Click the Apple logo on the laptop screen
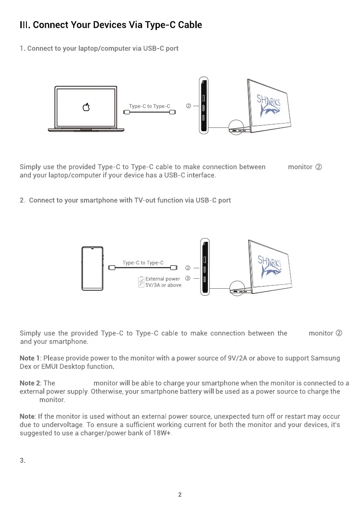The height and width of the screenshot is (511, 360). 86,107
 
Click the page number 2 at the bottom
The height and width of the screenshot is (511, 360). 180,495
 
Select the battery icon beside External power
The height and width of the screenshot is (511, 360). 141,282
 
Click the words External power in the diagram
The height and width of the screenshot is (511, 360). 162,279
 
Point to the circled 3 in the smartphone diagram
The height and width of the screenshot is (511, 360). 188,279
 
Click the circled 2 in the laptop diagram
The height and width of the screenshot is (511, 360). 188,106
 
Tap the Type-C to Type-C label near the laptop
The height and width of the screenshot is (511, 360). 149,106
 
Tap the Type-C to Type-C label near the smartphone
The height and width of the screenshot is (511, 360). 143,263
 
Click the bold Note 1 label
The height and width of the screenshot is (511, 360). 30,358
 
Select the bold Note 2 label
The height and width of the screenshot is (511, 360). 30,383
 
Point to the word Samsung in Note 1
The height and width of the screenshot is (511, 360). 325,358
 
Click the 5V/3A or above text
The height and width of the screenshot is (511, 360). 163,285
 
